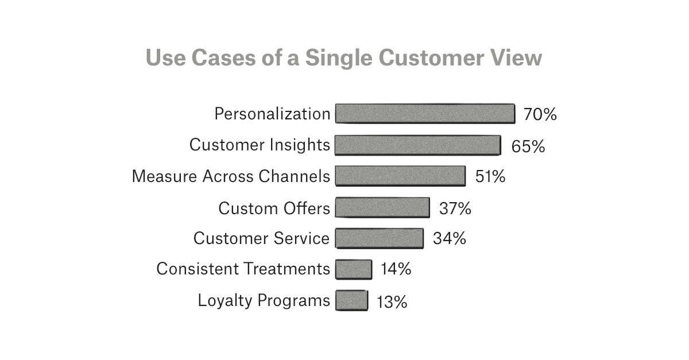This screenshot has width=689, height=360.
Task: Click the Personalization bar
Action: coord(425,114)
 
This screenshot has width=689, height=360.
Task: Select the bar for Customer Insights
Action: coord(417,145)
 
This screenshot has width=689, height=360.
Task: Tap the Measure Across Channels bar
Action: coord(400,176)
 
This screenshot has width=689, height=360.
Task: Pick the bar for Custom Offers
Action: coord(382,207)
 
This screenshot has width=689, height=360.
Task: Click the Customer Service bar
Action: coord(379,238)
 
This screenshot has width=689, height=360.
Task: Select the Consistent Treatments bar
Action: coord(354,269)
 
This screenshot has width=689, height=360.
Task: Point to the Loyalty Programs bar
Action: coord(351,300)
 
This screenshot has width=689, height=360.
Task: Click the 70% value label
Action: coord(540,115)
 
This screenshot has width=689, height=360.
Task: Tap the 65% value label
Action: coord(528,146)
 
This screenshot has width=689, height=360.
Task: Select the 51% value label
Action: coord(490,177)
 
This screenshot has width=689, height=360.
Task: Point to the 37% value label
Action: coord(455,208)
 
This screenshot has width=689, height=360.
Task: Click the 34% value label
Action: coord(449,239)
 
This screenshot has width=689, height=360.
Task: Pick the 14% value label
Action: coord(396,269)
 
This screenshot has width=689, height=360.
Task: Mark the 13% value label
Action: coord(392,301)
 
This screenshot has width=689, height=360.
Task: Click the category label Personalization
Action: coord(272,114)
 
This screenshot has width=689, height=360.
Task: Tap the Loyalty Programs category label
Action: coord(264,300)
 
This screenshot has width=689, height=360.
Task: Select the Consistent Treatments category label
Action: coord(243,269)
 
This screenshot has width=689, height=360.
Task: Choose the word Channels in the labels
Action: coord(295,176)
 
